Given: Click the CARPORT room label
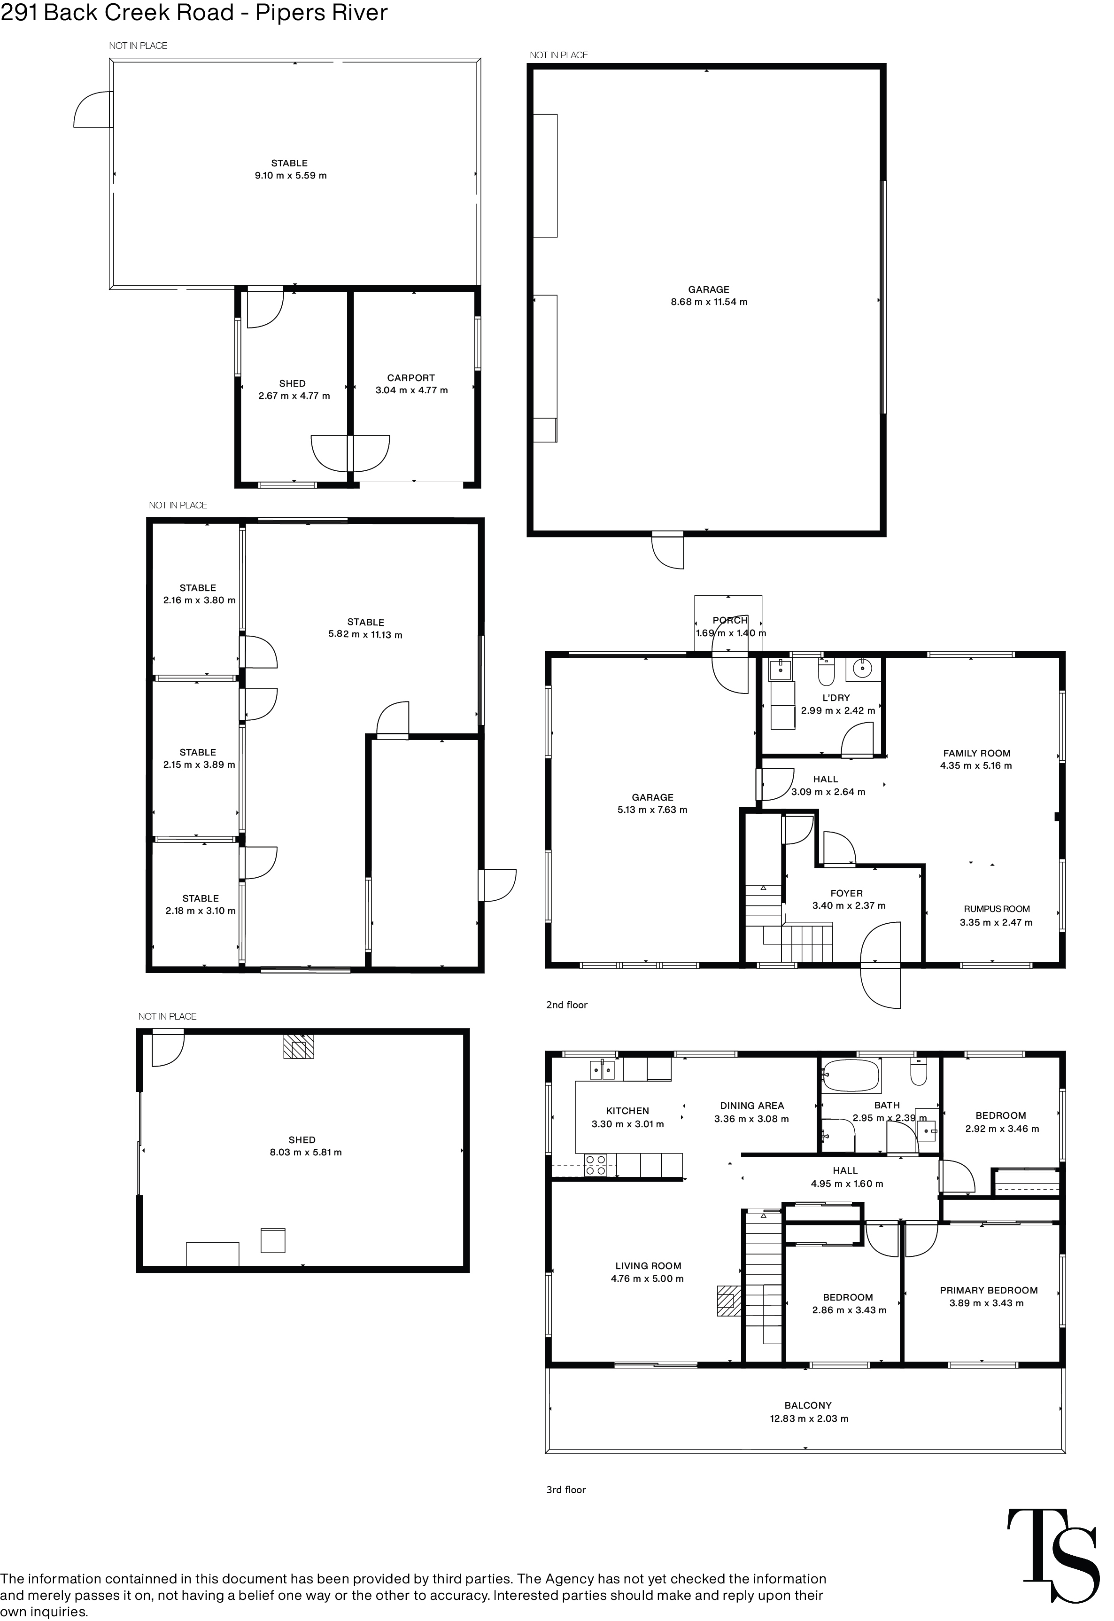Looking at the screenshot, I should (x=410, y=378).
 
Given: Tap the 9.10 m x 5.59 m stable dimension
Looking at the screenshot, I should (x=290, y=176).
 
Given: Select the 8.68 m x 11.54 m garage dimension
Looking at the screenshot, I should (x=709, y=302).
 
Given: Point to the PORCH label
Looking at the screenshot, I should (x=729, y=620).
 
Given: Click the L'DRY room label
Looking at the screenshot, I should (x=836, y=697).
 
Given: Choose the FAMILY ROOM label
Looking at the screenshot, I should (x=976, y=753).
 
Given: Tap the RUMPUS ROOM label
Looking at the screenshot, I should (x=996, y=909).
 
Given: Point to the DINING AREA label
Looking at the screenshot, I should (x=752, y=1106).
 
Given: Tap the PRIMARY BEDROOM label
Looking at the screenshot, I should (x=988, y=1290).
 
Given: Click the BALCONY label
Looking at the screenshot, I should (x=808, y=1405).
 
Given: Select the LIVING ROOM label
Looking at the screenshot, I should (x=648, y=1266).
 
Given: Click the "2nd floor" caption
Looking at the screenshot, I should (x=567, y=1005).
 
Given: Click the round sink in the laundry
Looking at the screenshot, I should (x=863, y=669).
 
